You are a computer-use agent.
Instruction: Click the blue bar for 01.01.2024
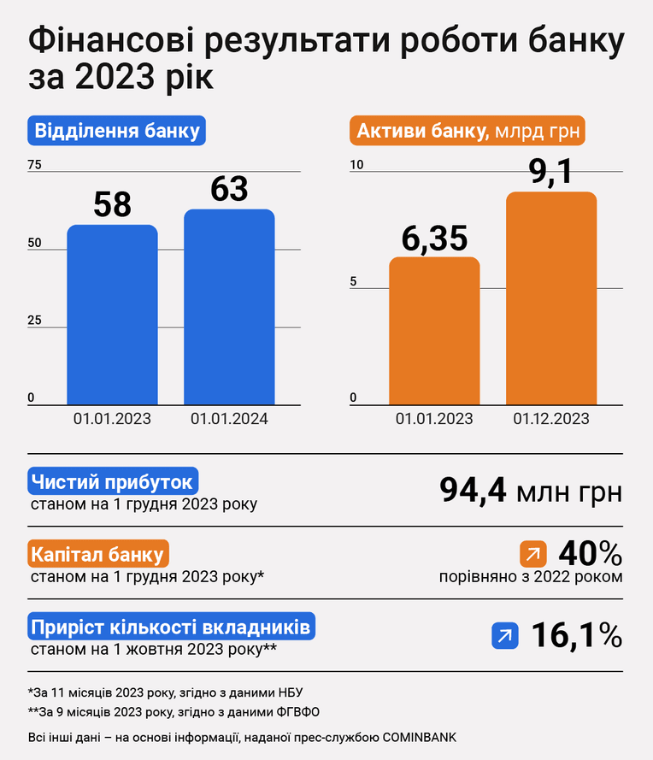(229, 307)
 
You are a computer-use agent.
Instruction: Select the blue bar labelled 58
(112, 315)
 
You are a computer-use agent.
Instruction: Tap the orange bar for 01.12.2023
(551, 298)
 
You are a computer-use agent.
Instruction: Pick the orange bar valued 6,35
(434, 331)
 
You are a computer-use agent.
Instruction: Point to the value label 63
(229, 189)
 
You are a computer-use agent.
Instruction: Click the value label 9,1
(550, 172)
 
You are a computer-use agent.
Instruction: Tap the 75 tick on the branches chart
(34, 165)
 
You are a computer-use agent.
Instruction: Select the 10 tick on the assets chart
(356, 165)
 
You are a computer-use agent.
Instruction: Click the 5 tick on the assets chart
(353, 281)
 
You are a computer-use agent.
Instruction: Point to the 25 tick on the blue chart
(34, 320)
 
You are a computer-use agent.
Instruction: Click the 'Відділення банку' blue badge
(117, 131)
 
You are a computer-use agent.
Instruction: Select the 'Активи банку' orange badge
(468, 131)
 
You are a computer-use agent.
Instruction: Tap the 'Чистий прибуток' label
(113, 481)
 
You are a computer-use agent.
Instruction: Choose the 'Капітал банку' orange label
(98, 553)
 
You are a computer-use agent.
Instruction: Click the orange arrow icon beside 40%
(533, 553)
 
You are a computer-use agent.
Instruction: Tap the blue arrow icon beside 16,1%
(505, 635)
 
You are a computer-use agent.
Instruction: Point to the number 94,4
(473, 490)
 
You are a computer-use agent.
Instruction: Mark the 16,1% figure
(577, 635)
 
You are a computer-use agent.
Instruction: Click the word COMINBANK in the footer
(420, 737)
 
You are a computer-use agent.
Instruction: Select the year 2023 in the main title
(115, 77)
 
